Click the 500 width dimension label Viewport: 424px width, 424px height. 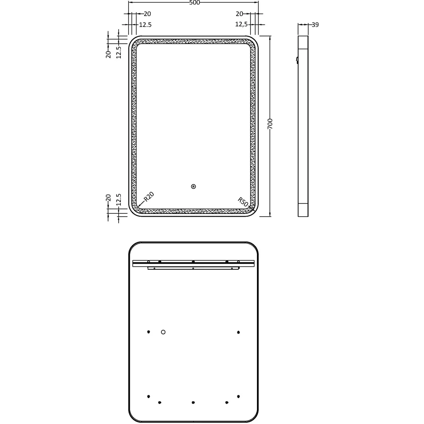pyautogui.click(x=194, y=3)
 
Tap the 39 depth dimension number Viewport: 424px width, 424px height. pyautogui.click(x=315, y=25)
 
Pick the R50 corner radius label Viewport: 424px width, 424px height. pyautogui.click(x=243, y=201)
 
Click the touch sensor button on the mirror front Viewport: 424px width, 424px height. pyautogui.click(x=193, y=186)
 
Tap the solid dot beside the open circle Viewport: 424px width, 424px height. pyautogui.click(x=148, y=332)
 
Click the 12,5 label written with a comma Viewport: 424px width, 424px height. pyautogui.click(x=242, y=25)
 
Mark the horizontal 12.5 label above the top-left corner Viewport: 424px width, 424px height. pyautogui.click(x=145, y=25)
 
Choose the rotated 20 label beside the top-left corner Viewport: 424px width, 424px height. pyautogui.click(x=109, y=54)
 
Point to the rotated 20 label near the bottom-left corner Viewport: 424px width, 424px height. pyautogui.click(x=109, y=198)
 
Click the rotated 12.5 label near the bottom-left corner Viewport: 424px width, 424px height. pyautogui.click(x=119, y=200)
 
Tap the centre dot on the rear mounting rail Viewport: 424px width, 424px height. pyautogui.click(x=193, y=262)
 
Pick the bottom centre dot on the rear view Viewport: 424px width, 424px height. pyautogui.click(x=193, y=402)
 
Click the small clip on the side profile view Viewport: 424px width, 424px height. pyautogui.click(x=297, y=60)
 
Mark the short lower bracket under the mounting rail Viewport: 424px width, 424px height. pyautogui.click(x=193, y=268)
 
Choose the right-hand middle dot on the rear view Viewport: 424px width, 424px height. pyautogui.click(x=239, y=332)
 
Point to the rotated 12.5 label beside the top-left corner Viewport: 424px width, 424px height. pyautogui.click(x=119, y=52)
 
